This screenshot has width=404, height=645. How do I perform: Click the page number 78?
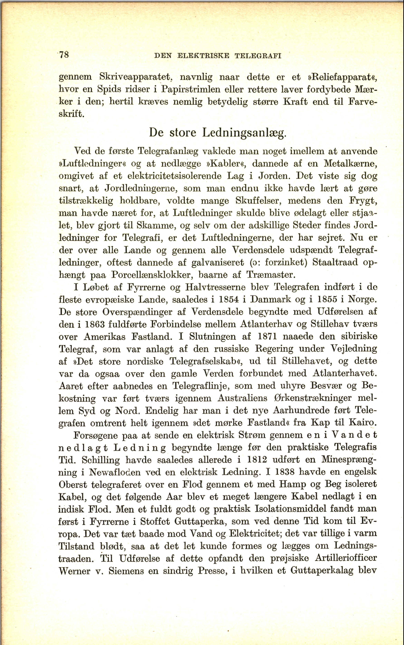click(64, 55)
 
